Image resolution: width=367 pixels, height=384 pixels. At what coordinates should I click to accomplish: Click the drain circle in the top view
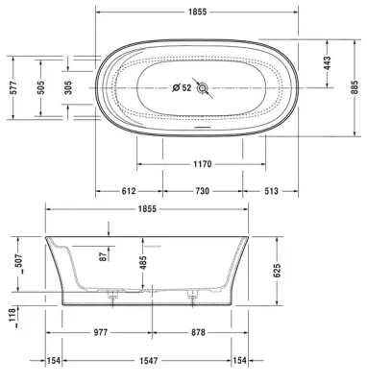point(203,87)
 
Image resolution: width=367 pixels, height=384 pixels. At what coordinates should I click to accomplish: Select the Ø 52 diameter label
point(182,87)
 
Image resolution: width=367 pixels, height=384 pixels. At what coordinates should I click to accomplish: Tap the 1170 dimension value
point(203,164)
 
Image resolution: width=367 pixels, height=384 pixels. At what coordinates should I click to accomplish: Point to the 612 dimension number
point(129,191)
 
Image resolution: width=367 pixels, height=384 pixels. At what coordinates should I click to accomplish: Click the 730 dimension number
point(202,191)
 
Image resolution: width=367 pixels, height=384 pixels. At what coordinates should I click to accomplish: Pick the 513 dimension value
point(271,191)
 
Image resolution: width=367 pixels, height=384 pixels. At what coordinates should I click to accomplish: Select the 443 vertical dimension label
point(327,63)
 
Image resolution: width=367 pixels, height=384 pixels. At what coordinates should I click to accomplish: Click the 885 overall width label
point(355,87)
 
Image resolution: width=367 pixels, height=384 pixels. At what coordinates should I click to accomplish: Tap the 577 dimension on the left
point(13,87)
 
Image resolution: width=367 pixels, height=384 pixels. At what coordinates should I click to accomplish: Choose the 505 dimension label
point(40,87)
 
